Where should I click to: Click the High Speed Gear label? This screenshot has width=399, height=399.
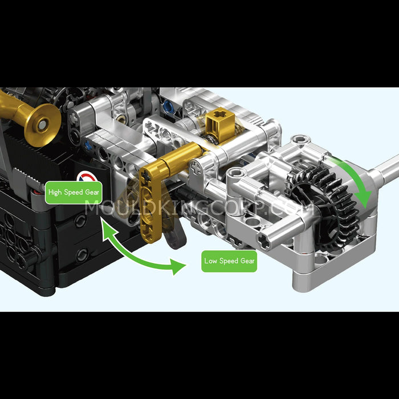(74, 192)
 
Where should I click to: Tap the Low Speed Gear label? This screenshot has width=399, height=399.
(230, 261)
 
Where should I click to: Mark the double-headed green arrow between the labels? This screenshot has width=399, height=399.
(140, 251)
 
